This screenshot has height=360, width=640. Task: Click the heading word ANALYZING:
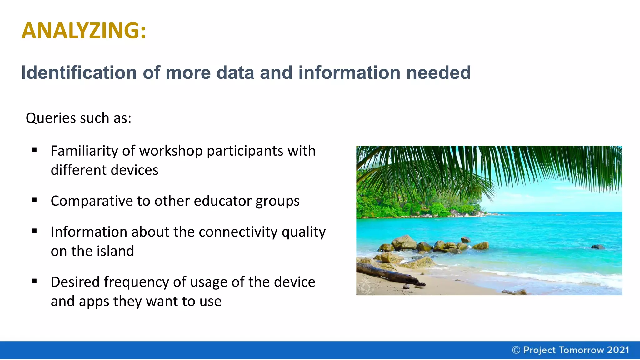coord(84,31)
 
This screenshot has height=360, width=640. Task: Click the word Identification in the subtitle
coord(79,73)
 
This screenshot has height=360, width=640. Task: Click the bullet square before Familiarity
coord(34,150)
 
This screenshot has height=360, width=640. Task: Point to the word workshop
coord(171,151)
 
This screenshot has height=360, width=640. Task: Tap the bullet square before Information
coord(34,231)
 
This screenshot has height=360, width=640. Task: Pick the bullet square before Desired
coord(34,281)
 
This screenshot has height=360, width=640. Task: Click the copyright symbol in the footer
coord(516,350)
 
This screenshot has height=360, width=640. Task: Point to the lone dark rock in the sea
coord(598,247)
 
